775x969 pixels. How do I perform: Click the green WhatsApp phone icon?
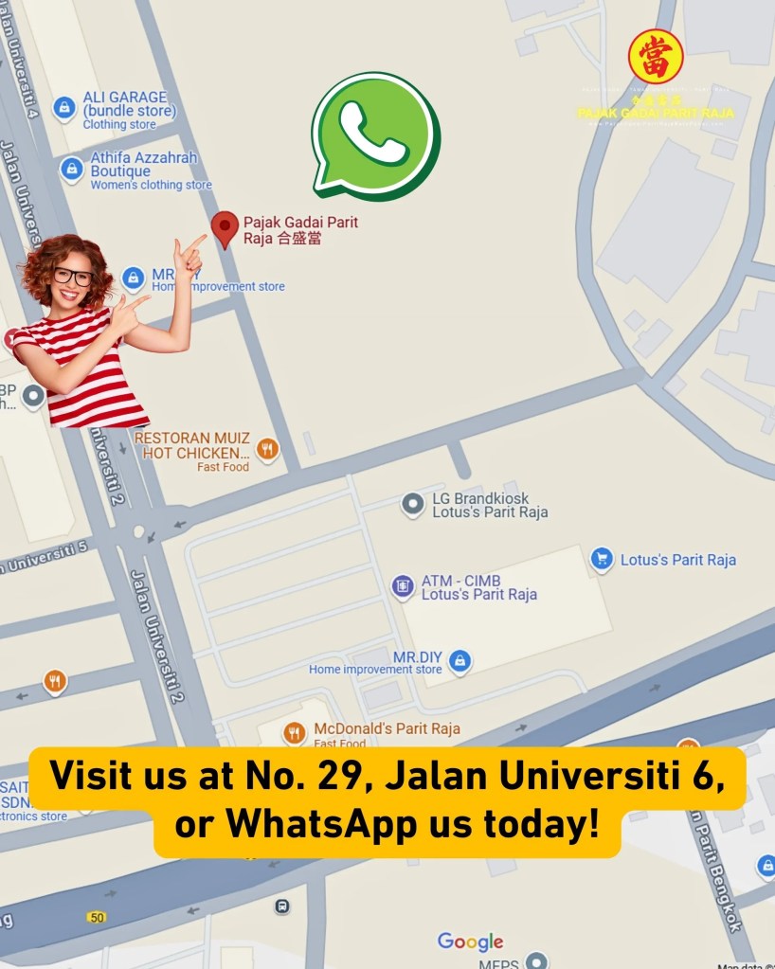[375, 135]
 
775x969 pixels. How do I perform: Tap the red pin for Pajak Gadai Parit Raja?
[225, 228]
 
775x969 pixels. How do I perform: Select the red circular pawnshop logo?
[656, 57]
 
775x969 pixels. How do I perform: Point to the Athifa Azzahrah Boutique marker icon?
[71, 170]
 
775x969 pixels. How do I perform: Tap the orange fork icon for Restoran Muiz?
[268, 449]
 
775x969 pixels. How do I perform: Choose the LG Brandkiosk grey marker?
[412, 505]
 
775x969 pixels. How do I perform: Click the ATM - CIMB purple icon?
[403, 586]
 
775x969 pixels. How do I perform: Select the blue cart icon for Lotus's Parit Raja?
[601, 559]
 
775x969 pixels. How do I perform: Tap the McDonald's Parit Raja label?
[387, 728]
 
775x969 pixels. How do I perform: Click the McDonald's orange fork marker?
[295, 732]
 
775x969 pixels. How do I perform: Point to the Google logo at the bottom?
[470, 942]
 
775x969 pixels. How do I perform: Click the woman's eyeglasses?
[73, 277]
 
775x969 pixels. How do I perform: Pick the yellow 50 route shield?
[96, 917]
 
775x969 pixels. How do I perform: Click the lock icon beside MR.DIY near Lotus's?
[460, 659]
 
